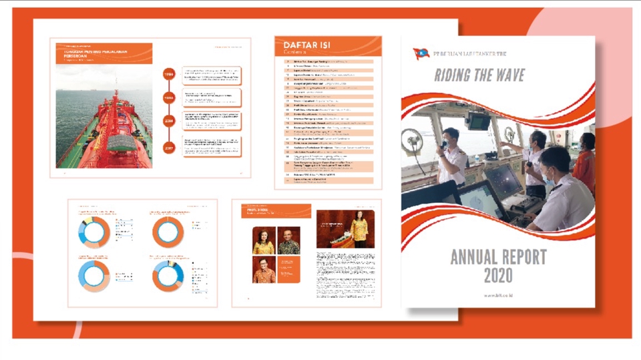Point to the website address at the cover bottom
point(498,295)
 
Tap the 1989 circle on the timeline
point(168,75)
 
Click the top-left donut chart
point(94,231)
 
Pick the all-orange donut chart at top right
point(168,231)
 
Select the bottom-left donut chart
point(94,275)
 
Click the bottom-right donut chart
point(168,275)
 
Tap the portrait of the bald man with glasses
point(289,242)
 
